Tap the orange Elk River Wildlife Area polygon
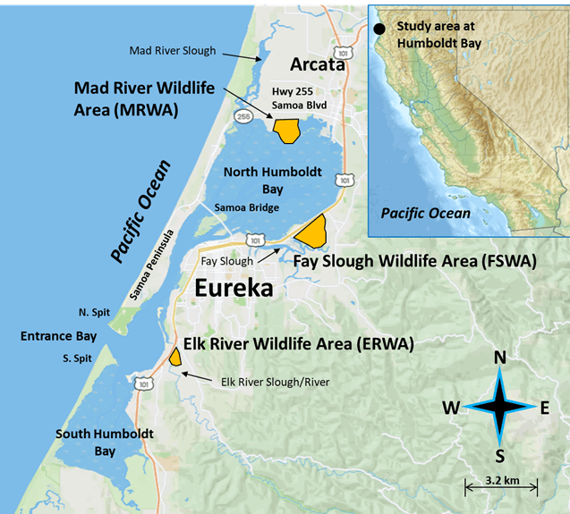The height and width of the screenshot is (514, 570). (175, 357)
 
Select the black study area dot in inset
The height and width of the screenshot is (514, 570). (380, 29)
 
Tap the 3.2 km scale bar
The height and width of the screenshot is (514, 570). (500, 487)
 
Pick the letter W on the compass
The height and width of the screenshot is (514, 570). (452, 408)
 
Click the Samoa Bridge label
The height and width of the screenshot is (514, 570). (246, 207)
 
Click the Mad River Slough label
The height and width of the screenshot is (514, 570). (173, 50)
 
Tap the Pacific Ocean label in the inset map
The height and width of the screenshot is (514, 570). (425, 213)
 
